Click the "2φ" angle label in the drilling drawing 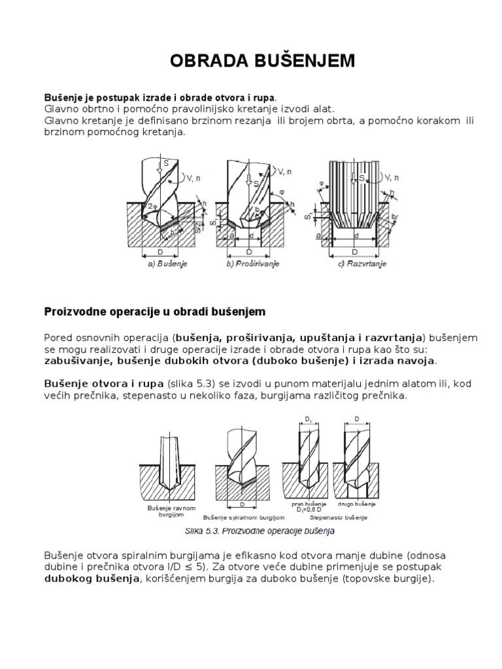[152, 206]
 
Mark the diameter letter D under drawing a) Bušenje [160, 251]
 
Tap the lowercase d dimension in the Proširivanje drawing [252, 235]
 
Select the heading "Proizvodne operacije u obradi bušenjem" [154, 312]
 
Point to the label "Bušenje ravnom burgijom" [162, 510]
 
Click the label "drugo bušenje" [354, 504]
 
